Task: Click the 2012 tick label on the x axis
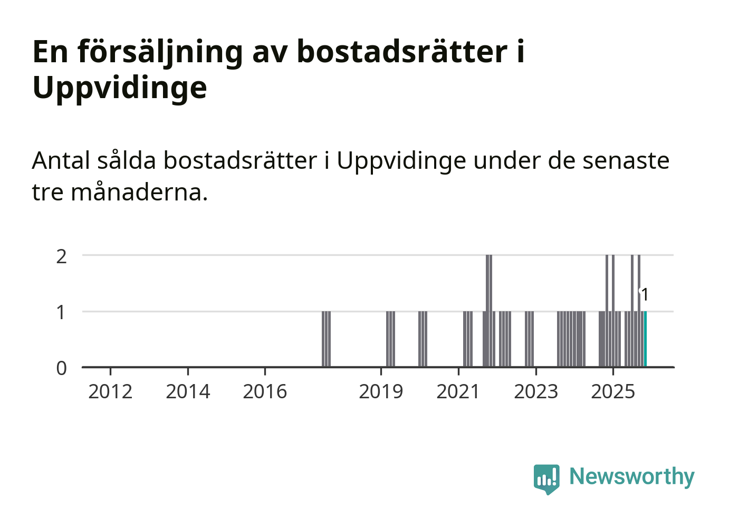(x=110, y=392)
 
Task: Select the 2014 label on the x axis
(x=188, y=392)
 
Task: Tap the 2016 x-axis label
(x=265, y=392)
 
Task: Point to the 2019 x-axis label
(x=381, y=392)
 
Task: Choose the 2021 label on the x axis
(x=458, y=392)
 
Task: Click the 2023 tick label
(x=536, y=392)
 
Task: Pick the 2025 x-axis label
(x=613, y=392)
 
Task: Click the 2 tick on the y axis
(x=62, y=256)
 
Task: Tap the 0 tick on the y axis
(x=62, y=368)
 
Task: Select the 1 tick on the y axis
(x=62, y=312)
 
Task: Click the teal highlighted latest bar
(x=645, y=339)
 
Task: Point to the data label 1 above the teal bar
(x=644, y=294)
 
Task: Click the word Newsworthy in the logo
(x=632, y=476)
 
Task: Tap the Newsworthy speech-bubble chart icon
(x=546, y=478)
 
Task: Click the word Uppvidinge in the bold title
(x=120, y=88)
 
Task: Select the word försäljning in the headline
(x=160, y=52)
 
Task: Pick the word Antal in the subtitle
(x=61, y=160)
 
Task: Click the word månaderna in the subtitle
(x=139, y=192)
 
